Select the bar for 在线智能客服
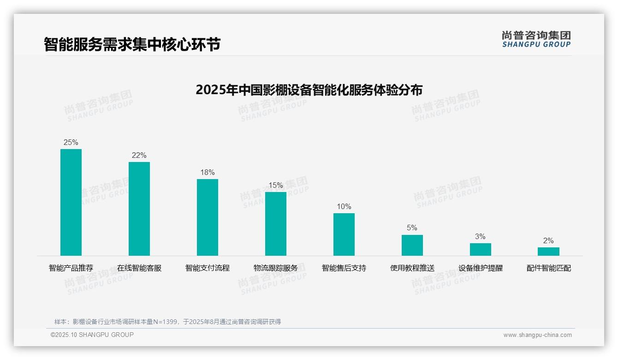[x=139, y=209]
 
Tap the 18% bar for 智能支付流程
[x=208, y=217]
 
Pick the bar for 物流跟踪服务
[x=276, y=224]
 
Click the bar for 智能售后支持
[x=344, y=234]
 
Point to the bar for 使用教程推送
[x=412, y=245]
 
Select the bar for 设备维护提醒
[x=481, y=249]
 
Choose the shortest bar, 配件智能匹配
[x=548, y=252]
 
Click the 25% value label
[x=71, y=143]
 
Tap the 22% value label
[x=139, y=156]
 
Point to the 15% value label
[x=276, y=186]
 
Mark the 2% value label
[x=548, y=241]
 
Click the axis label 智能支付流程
[x=208, y=268]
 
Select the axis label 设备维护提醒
[x=481, y=268]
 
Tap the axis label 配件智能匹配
[x=549, y=268]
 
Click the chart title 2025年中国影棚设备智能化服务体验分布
[x=309, y=90]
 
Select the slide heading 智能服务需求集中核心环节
[x=132, y=44]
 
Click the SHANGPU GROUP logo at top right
[x=536, y=39]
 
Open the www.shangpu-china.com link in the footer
[x=537, y=335]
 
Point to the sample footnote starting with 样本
[x=167, y=322]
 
